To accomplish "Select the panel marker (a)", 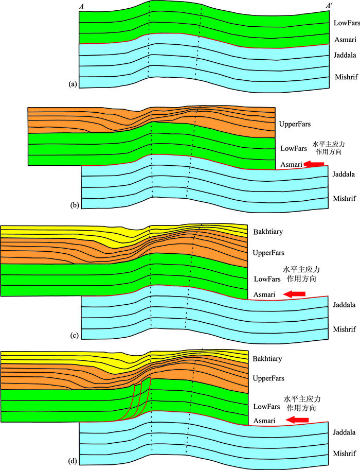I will tap(71, 84).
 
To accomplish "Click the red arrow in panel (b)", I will tap(314, 164).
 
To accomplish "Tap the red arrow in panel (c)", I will tap(295, 294).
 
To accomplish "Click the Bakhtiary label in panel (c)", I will tap(269, 232).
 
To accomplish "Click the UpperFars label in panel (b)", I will tap(295, 124).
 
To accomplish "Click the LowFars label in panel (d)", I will tap(267, 406).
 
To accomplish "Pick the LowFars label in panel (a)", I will tap(346, 23).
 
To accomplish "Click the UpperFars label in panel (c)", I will tap(269, 253).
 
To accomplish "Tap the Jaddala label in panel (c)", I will tap(344, 305).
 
